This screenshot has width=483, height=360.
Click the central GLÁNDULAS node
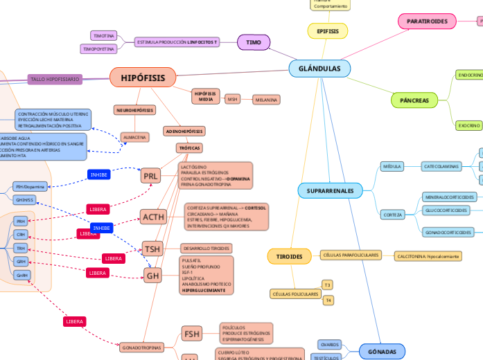pyautogui.click(x=319, y=69)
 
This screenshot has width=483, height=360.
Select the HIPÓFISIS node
pyautogui.click(x=143, y=78)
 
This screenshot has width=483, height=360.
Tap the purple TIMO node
pyautogui.click(x=254, y=42)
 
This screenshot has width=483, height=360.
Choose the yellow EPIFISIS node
pyautogui.click(x=327, y=31)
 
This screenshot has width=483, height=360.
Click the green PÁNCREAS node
pyautogui.click(x=414, y=100)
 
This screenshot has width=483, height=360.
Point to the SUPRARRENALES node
pyautogui.click(x=330, y=190)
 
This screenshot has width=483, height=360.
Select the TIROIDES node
pyautogui.click(x=289, y=256)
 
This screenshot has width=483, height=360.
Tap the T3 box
pyautogui.click(x=328, y=285)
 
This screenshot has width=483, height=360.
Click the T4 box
pyautogui.click(x=328, y=300)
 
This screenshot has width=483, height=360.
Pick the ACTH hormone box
pyautogui.click(x=153, y=217)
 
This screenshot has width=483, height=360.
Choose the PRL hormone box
pyautogui.click(x=150, y=177)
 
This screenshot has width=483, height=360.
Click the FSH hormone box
pyautogui.click(x=192, y=334)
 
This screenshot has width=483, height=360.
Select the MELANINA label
pyautogui.click(x=266, y=100)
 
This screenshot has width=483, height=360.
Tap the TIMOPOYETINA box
pyautogui.click(x=98, y=49)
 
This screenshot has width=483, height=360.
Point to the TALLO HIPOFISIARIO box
pyautogui.click(x=55, y=80)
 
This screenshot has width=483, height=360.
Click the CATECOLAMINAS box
pyautogui.click(x=441, y=166)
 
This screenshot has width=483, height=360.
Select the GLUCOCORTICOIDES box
pyautogui.click(x=446, y=210)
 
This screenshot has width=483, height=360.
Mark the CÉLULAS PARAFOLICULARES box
pyautogui.click(x=351, y=255)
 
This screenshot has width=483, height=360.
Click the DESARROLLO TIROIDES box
pyautogui.click(x=206, y=248)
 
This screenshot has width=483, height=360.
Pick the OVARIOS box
pyautogui.click(x=330, y=344)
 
